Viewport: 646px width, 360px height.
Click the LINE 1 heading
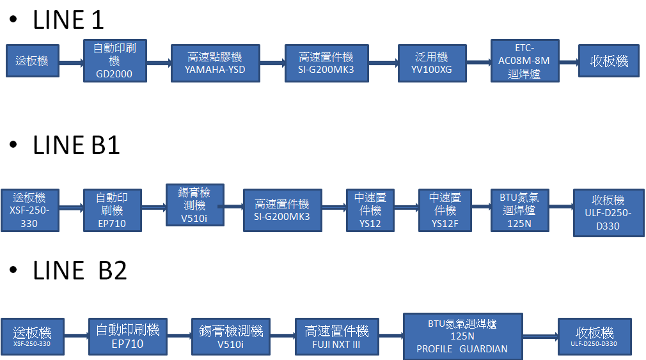pos(68,20)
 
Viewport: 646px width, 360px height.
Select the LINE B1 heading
pos(76,146)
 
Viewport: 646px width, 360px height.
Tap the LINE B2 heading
pos(80,270)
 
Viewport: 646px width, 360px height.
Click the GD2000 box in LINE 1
pos(114,61)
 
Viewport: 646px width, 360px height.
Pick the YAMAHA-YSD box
pos(215,63)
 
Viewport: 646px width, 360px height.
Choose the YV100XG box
pos(432,63)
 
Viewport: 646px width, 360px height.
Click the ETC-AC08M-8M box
pos(524,61)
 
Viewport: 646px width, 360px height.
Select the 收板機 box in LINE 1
pos(608,61)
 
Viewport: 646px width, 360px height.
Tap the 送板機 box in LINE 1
pos(32,61)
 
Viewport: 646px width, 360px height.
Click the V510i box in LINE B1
pos(193,205)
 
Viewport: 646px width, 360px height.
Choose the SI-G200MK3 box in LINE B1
pos(281,210)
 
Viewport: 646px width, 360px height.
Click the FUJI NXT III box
pos(336,336)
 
